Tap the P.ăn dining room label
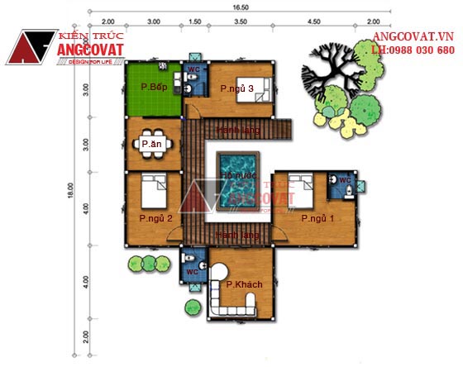click(x=151, y=144)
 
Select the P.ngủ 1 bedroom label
click(x=317, y=218)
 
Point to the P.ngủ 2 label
click(x=155, y=218)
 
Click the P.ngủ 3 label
click(x=236, y=88)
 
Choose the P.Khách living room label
click(x=245, y=284)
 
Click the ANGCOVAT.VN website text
click(x=413, y=37)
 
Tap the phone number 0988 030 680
click(x=423, y=50)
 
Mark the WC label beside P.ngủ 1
click(x=346, y=179)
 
